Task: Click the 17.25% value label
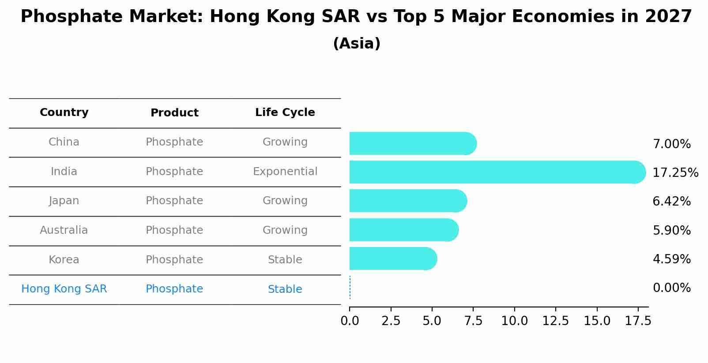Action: tap(675, 172)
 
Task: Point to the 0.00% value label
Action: tap(671, 288)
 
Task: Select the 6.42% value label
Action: tap(671, 202)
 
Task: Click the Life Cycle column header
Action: tap(285, 112)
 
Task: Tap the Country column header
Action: tap(64, 112)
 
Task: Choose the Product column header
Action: tap(174, 113)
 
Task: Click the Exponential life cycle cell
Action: tap(285, 172)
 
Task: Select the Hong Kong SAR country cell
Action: tap(64, 289)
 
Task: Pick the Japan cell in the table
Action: tap(64, 201)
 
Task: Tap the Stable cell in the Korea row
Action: tap(285, 260)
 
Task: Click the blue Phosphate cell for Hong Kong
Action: tap(174, 289)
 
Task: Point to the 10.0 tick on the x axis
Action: tap(514, 321)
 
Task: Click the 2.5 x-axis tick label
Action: tap(391, 321)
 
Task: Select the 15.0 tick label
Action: tap(597, 321)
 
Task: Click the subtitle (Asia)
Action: tap(357, 44)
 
